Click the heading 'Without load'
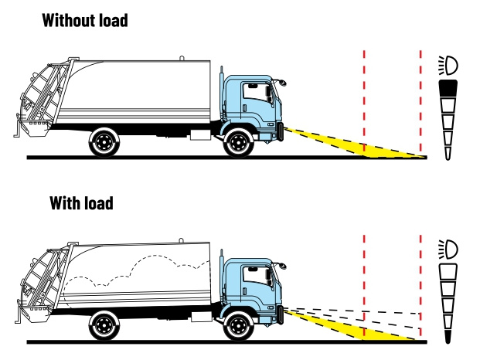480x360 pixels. pos(85,20)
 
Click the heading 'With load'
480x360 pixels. pos(81,203)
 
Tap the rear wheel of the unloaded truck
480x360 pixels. pos(103,142)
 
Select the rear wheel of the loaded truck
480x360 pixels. pos(103,326)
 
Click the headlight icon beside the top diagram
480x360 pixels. pos(447,65)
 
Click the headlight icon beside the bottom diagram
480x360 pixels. pos(447,249)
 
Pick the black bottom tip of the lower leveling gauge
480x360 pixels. pos(448,337)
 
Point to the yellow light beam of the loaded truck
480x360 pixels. pos(340,326)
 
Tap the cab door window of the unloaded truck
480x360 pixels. pos(253,93)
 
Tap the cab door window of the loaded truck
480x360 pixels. pos(253,277)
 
